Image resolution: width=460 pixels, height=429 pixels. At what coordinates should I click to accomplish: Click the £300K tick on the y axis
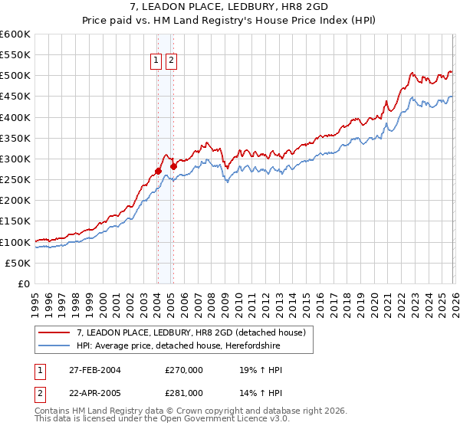pyautogui.click(x=15, y=159)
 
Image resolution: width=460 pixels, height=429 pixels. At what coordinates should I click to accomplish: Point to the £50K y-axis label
pyautogui.click(x=18, y=264)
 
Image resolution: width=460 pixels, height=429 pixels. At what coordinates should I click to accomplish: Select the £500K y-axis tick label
pyautogui.click(x=15, y=76)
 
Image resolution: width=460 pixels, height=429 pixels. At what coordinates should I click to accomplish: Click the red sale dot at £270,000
pyautogui.click(x=158, y=172)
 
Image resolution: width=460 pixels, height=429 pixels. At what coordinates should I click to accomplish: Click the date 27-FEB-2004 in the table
pyautogui.click(x=92, y=370)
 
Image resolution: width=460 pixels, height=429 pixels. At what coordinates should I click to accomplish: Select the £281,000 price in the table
pyautogui.click(x=184, y=393)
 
